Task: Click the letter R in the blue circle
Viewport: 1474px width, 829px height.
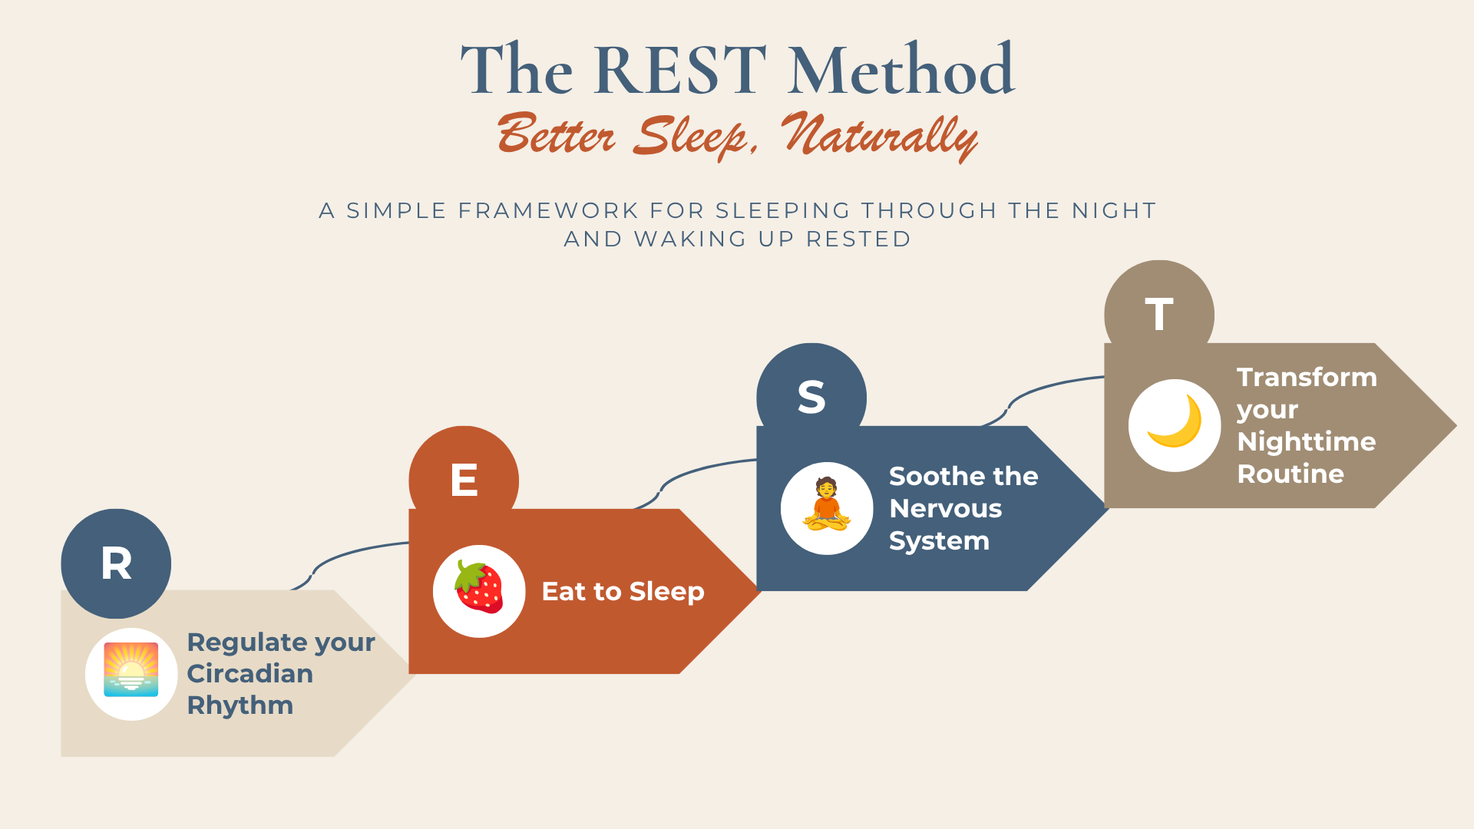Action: (x=117, y=563)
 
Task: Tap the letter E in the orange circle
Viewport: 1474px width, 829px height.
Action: (x=464, y=481)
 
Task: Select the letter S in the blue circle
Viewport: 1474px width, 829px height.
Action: (x=811, y=398)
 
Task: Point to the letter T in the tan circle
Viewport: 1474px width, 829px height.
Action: (x=1159, y=314)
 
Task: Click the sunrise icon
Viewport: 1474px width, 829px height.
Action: (x=131, y=669)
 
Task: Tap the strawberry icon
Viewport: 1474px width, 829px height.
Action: (x=479, y=587)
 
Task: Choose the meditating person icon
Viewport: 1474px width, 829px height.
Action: (x=827, y=504)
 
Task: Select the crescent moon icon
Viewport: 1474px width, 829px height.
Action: (x=1175, y=421)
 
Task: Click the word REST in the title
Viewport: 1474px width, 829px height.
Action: (x=680, y=70)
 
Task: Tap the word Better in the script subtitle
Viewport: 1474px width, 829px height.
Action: (x=556, y=134)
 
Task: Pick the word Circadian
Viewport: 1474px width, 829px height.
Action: (x=250, y=674)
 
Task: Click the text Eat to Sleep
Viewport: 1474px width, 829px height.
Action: (x=623, y=592)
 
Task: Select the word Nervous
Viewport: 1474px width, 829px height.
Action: (x=946, y=508)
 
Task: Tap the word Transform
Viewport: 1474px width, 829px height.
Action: (x=1307, y=377)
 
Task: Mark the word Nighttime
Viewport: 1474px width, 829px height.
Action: (x=1307, y=442)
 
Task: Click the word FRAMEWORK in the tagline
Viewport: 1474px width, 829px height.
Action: (x=548, y=210)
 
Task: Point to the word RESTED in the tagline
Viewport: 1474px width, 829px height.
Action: (x=858, y=239)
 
